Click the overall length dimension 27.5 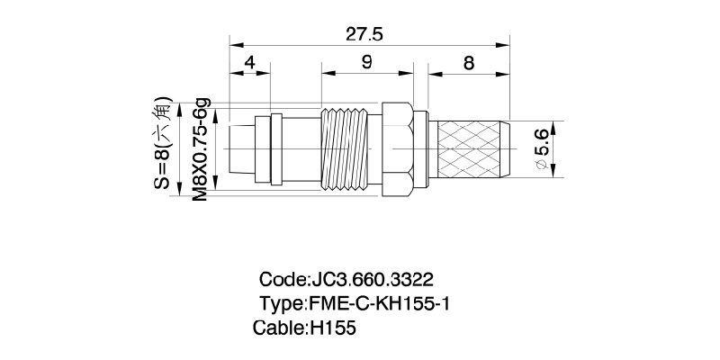[x=364, y=35]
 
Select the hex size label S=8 [x=162, y=144]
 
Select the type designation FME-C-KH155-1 [x=378, y=304]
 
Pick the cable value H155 [x=333, y=329]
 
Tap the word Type [x=282, y=304]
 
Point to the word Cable [x=278, y=329]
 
